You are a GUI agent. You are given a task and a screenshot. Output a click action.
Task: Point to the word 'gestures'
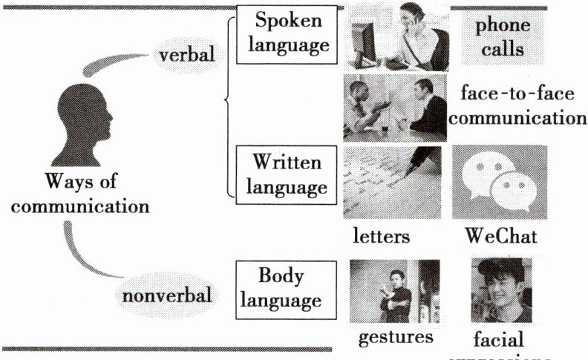click(x=396, y=337)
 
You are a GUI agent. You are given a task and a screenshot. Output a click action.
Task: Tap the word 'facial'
click(x=497, y=340)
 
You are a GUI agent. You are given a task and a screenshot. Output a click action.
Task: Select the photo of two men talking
click(x=394, y=107)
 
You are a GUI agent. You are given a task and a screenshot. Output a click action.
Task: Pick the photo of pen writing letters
click(x=392, y=181)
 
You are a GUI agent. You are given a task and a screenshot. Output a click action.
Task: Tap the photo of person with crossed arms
click(x=393, y=290)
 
